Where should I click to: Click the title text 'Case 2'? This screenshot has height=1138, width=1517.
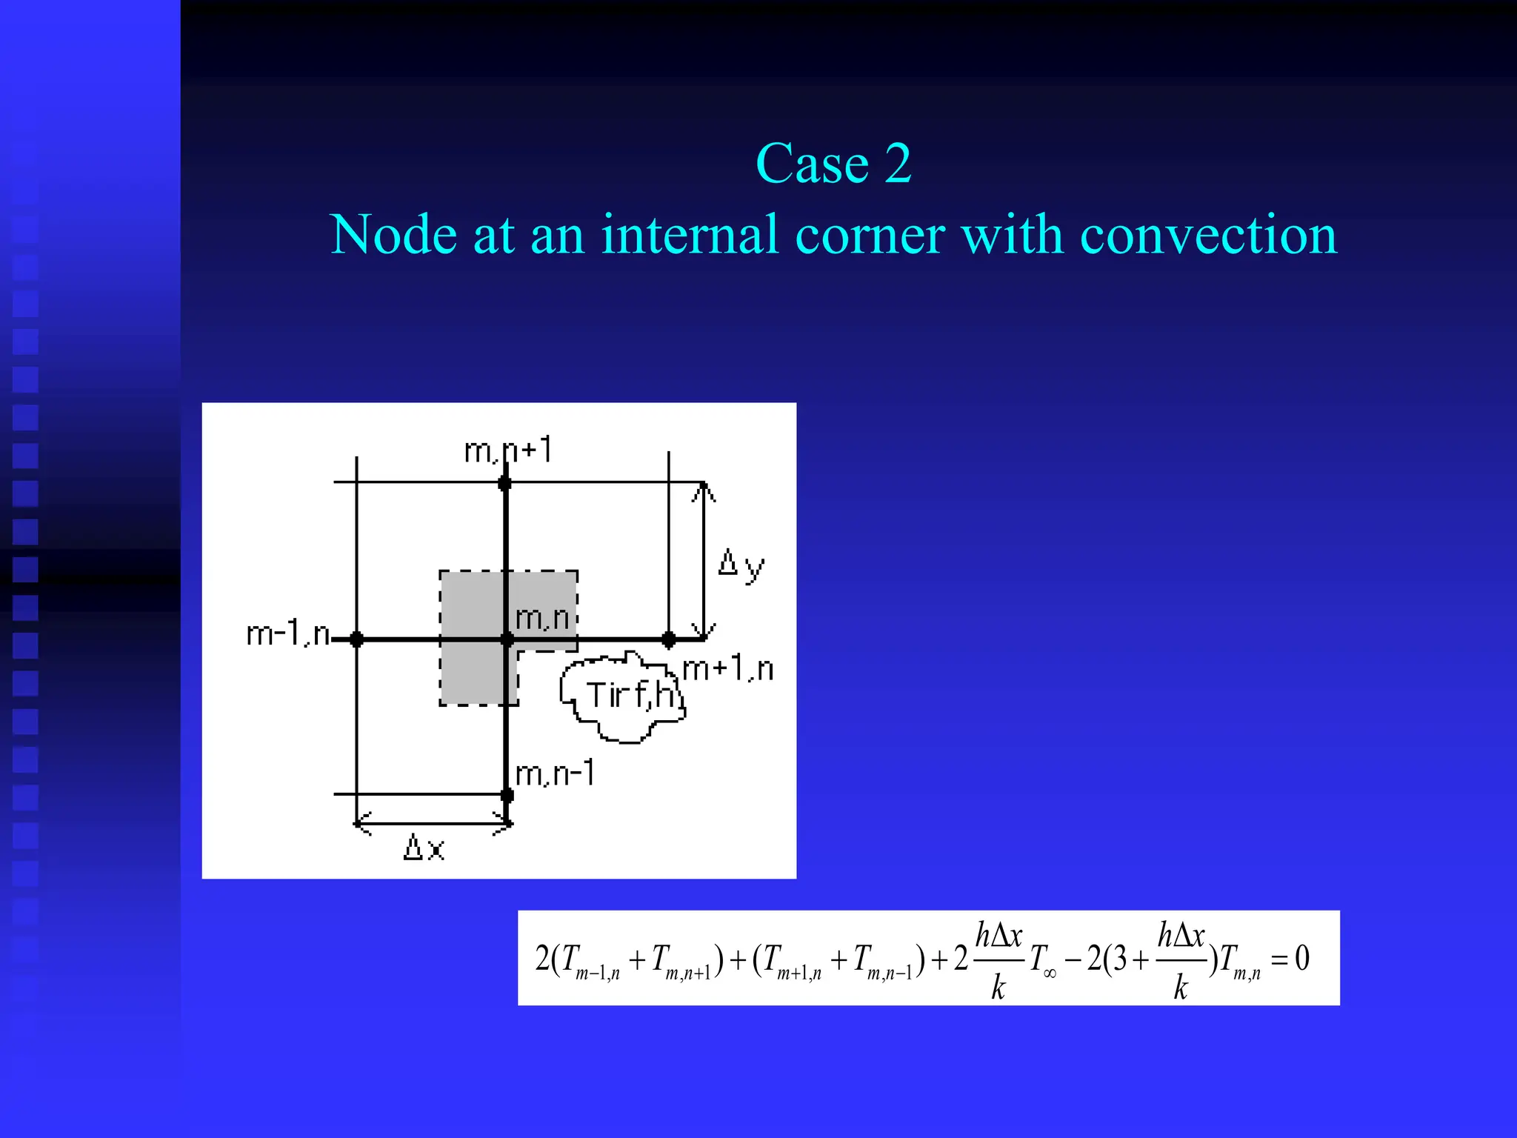833,164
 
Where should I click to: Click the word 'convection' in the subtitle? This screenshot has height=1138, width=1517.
1208,235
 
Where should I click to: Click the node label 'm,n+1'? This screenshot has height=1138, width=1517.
508,450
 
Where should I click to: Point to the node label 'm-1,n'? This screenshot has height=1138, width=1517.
287,634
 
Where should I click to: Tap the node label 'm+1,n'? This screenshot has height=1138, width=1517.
728,669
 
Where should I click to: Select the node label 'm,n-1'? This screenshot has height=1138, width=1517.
555,774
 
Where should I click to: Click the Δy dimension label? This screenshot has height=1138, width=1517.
741,566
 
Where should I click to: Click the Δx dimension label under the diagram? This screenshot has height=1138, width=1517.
424,848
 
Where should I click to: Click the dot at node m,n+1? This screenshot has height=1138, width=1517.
505,484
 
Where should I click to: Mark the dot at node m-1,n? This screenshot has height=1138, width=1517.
356,639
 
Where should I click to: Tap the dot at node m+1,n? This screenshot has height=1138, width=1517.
669,639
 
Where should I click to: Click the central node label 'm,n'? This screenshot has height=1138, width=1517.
542,618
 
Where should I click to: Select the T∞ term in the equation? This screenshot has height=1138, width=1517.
1043,961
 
